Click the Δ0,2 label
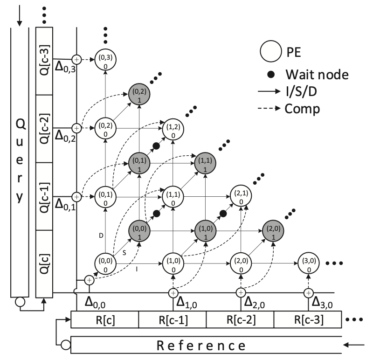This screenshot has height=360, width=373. (65, 136)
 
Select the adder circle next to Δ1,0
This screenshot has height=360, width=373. (173, 293)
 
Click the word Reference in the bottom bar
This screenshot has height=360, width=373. (201, 346)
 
